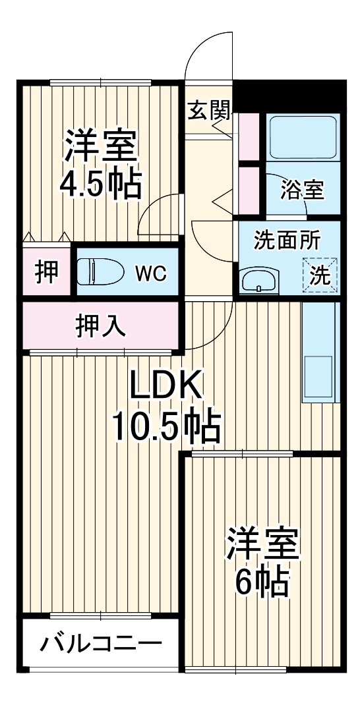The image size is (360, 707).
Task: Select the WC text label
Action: [151, 272]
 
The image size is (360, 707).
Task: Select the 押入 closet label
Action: [100, 325]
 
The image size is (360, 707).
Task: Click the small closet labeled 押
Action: [45, 271]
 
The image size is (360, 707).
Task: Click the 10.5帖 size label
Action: [165, 429]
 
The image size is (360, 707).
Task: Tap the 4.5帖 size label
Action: [100, 186]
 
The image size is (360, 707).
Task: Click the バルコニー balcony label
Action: [100, 642]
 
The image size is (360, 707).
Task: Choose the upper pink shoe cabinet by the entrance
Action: [249, 137]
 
